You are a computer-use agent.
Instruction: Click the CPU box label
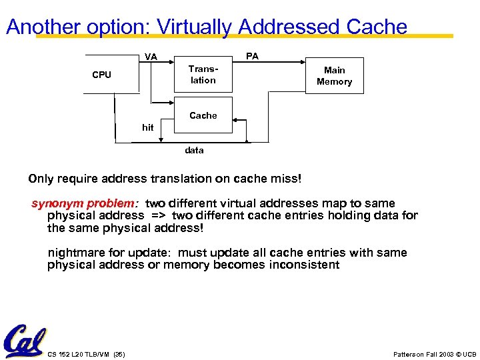click(101, 75)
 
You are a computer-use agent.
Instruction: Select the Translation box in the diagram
click(203, 75)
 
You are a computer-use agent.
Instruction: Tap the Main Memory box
click(334, 75)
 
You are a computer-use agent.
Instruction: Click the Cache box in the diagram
click(203, 115)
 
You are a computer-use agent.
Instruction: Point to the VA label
click(151, 57)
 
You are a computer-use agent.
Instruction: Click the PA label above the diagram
click(252, 56)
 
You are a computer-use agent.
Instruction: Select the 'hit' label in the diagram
click(147, 127)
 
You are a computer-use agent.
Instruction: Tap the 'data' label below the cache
click(194, 150)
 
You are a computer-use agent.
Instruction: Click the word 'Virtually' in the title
click(195, 27)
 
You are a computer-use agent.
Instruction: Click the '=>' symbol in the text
click(158, 215)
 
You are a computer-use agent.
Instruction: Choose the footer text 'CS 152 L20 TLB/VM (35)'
click(87, 353)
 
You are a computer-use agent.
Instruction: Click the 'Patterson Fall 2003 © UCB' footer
click(435, 353)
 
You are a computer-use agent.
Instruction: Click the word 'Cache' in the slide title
click(377, 27)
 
